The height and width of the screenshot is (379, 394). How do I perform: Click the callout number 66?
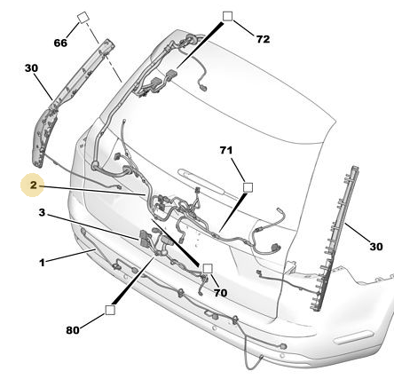(x=60, y=43)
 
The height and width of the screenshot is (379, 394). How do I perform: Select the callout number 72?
(x=263, y=39)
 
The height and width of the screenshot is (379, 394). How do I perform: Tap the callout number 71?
(x=226, y=150)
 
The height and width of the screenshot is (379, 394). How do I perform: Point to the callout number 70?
(x=220, y=293)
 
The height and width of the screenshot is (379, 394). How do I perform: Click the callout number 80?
(x=73, y=330)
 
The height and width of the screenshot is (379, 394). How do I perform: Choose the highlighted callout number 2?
(x=34, y=186)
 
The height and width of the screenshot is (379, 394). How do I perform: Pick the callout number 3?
(x=42, y=212)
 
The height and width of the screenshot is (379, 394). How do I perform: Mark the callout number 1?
(x=42, y=263)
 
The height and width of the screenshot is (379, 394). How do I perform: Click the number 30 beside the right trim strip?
(x=376, y=246)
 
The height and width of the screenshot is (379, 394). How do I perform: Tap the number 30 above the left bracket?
(x=31, y=68)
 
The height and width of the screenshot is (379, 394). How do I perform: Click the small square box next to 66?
(x=83, y=18)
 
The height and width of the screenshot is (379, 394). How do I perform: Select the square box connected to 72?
(x=227, y=16)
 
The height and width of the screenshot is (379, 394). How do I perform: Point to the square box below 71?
(x=248, y=187)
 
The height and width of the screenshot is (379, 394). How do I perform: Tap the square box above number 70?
(x=208, y=269)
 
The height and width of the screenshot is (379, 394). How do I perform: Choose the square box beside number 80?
(x=110, y=310)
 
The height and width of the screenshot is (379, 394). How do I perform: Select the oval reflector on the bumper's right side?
(x=353, y=337)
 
